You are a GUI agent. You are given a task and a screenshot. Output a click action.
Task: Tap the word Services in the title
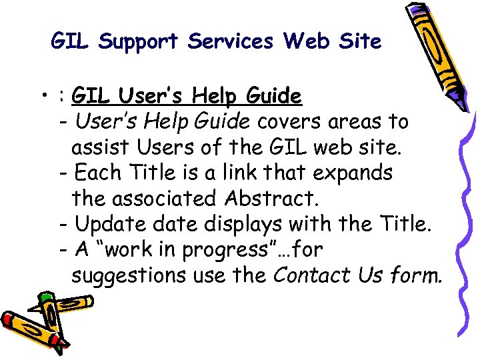231,41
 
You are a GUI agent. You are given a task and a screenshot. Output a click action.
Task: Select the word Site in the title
359,41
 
